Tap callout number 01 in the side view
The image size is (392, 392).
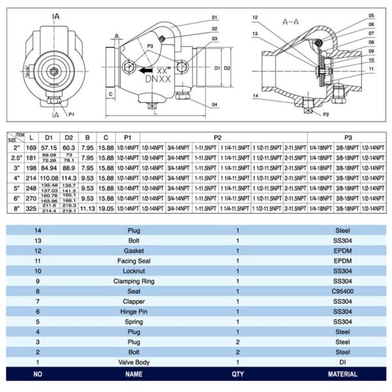pos(214,17)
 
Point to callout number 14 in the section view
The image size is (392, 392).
pos(255,96)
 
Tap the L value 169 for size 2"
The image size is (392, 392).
pos(31,149)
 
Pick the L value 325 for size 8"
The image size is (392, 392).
pos(31,208)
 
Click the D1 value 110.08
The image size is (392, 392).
pos(49,178)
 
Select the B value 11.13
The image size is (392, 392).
pos(87,208)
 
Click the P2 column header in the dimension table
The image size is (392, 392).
pos(217,138)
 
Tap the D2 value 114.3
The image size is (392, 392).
pos(69,178)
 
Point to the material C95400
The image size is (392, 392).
pos(342,291)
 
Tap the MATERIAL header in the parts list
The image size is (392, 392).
pos(342,374)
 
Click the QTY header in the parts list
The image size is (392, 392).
pos(238,374)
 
